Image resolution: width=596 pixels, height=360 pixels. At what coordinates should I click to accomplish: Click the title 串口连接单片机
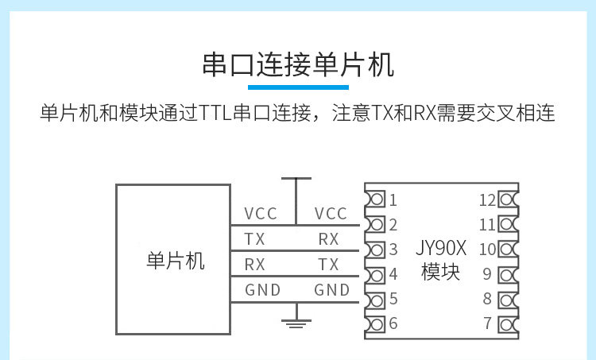click(x=298, y=64)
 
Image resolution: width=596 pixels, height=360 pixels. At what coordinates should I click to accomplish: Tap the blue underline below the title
click(x=298, y=86)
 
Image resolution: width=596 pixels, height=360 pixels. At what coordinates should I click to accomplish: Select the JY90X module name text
click(x=439, y=248)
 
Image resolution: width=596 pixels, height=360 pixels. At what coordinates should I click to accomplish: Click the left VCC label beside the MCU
click(x=261, y=214)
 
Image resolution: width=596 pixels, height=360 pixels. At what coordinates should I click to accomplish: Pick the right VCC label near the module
click(x=331, y=214)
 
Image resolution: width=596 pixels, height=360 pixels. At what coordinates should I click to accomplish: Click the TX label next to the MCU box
click(x=255, y=239)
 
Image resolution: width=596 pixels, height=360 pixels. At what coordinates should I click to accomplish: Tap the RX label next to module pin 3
click(x=328, y=239)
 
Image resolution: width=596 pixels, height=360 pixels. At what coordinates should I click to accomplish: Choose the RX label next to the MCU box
click(x=255, y=265)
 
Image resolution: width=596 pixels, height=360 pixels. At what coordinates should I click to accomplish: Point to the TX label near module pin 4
click(x=328, y=265)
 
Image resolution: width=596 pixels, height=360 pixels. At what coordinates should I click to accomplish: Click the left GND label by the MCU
click(x=262, y=290)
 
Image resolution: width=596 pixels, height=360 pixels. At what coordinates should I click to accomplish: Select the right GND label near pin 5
click(x=331, y=290)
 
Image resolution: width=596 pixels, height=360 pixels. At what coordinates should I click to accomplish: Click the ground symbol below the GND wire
click(x=296, y=320)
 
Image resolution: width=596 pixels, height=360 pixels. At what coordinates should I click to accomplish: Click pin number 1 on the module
click(x=393, y=199)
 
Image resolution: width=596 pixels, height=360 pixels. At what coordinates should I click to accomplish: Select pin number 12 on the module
click(x=487, y=199)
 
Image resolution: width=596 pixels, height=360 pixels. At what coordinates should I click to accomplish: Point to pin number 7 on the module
click(x=487, y=323)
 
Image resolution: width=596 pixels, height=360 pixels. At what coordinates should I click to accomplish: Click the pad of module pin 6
click(x=376, y=323)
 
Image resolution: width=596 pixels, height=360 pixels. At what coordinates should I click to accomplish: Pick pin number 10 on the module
click(x=487, y=249)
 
